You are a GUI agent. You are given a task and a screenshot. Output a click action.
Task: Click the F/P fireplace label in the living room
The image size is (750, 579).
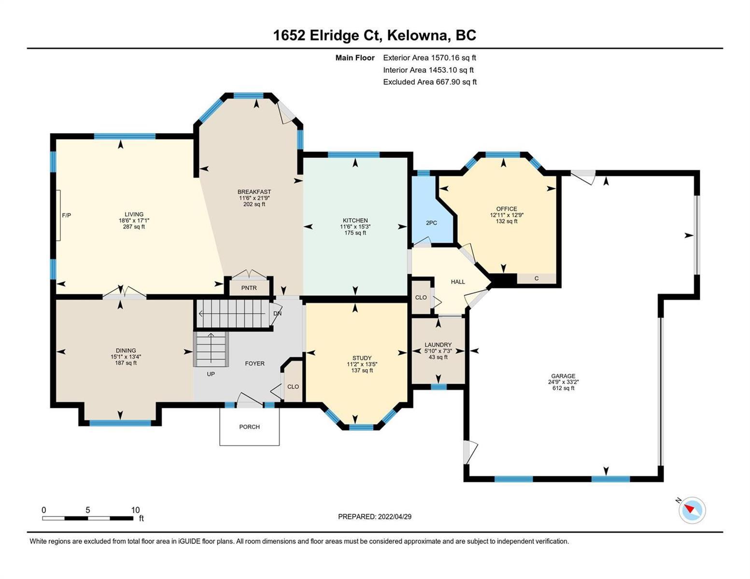click(x=66, y=215)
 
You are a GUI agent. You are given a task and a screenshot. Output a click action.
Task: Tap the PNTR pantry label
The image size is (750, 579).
click(x=249, y=288)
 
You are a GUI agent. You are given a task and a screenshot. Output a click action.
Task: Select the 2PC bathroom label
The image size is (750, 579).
click(x=431, y=223)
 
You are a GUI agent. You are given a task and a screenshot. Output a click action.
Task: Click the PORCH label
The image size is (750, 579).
click(x=249, y=427)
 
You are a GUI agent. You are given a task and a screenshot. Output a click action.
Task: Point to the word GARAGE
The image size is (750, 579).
click(x=563, y=376)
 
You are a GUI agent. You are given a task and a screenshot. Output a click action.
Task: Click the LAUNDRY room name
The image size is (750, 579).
click(x=438, y=345)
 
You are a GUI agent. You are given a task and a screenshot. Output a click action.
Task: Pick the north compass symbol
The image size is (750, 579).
click(x=692, y=510)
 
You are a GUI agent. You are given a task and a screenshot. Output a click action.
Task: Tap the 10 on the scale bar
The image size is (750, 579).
click(x=135, y=510)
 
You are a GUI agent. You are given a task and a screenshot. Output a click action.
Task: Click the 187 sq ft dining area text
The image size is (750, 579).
click(x=126, y=363)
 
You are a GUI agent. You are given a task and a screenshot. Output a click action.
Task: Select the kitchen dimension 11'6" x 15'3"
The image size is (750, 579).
click(x=355, y=227)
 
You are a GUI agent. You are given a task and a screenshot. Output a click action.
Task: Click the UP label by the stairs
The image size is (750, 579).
click(x=211, y=374)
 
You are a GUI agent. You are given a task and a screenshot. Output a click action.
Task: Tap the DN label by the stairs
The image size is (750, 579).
click(x=277, y=314)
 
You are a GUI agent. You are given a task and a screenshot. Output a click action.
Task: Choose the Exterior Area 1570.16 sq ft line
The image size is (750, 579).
click(x=429, y=57)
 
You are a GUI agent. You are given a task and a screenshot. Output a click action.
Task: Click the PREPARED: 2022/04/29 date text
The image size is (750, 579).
click(x=374, y=517)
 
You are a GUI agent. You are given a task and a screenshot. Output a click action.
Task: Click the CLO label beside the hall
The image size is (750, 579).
click(x=421, y=297)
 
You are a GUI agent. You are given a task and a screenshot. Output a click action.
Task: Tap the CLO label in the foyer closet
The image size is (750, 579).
click(x=293, y=386)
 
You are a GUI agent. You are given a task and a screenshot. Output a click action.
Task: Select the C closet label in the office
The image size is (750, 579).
click(x=537, y=278)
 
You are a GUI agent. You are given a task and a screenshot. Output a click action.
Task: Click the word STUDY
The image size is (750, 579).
click(x=362, y=358)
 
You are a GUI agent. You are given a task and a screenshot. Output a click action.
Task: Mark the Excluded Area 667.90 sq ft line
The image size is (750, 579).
click(x=430, y=82)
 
